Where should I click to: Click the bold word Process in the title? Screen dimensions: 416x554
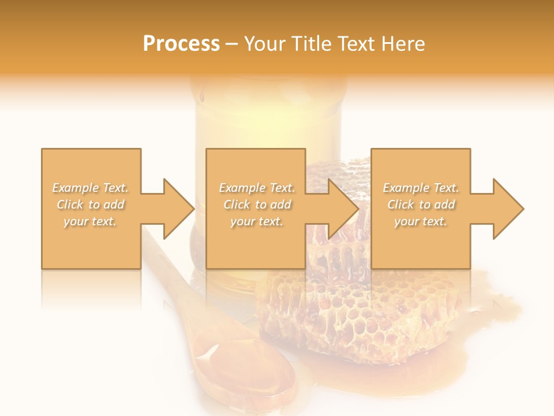181,43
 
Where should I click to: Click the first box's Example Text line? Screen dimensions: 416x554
90,188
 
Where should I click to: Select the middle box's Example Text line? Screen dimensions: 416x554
257,188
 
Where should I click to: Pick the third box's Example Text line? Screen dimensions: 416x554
421,188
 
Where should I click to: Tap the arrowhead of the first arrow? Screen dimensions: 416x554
179,209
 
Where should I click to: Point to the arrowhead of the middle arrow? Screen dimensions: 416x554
344,209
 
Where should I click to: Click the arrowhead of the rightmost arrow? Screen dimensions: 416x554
508,209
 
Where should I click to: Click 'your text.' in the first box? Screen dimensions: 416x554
90,221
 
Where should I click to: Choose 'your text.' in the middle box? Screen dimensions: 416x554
257,221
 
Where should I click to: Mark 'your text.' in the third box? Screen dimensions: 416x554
421,221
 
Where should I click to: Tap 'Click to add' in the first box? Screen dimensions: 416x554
90,205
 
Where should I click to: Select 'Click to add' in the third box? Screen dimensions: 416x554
421,205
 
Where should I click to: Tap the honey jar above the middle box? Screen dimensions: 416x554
271,116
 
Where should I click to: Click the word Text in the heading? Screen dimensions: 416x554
358,44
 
